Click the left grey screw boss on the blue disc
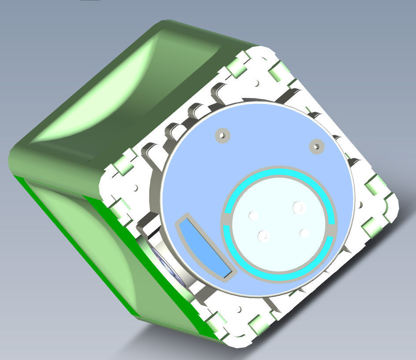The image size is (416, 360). (x=223, y=135)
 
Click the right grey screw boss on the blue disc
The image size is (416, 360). (x=316, y=146)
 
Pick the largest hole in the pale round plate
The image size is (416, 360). (x=299, y=206)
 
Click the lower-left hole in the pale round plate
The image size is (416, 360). (x=263, y=236)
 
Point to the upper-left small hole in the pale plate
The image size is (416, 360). (x=253, y=215)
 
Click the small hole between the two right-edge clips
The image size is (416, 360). (x=361, y=205)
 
